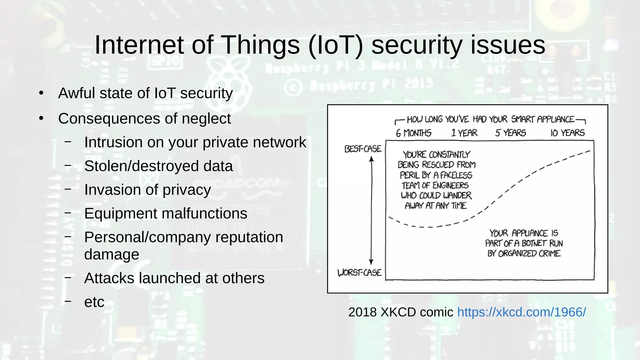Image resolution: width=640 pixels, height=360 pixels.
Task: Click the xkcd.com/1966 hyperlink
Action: point(521,312)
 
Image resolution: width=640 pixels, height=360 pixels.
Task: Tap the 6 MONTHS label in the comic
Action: point(413,133)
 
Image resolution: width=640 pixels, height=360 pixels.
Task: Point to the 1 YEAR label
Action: point(464,133)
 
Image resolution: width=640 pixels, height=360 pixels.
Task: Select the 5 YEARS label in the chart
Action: point(510,133)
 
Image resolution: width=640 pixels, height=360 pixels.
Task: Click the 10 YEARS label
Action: point(567,133)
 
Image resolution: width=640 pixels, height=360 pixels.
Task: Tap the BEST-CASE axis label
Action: point(362,149)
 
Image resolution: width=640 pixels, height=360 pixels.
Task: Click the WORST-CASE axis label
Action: point(359,273)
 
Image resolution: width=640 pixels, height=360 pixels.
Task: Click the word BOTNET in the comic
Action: point(534,243)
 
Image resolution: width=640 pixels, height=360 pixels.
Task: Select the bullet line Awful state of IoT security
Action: point(145,93)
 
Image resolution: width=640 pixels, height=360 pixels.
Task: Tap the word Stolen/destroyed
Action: point(142,166)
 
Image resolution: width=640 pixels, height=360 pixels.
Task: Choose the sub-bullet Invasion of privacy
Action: point(147,190)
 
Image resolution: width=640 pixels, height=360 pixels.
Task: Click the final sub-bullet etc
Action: point(94,302)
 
